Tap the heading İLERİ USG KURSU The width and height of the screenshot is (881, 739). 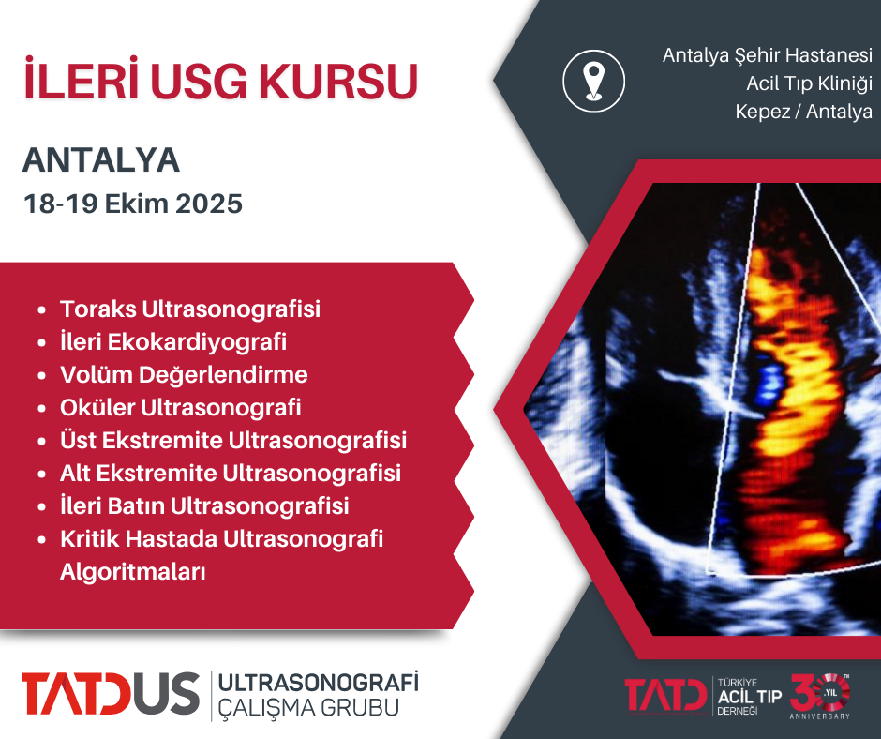click(x=220, y=82)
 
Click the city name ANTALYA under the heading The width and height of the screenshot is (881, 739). click(x=101, y=160)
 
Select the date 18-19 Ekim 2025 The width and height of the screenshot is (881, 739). click(x=132, y=204)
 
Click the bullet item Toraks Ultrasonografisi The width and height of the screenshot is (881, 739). click(x=190, y=309)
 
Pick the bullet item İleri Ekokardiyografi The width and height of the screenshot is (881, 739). click(x=173, y=341)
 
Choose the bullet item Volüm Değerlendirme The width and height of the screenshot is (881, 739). click(x=184, y=374)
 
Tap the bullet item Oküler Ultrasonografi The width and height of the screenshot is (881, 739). click(x=181, y=407)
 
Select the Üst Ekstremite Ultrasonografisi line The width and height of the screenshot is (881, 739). click(x=232, y=440)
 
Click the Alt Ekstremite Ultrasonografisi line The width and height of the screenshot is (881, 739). click(x=231, y=473)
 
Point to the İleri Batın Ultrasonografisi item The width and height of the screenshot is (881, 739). click(x=204, y=505)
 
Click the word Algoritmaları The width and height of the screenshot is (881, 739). click(x=132, y=571)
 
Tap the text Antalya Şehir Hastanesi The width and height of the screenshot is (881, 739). click(x=767, y=55)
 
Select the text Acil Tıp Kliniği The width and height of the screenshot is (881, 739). click(x=809, y=83)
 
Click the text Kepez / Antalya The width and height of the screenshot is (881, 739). click(x=804, y=112)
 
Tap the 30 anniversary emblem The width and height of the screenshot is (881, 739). click(x=821, y=694)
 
